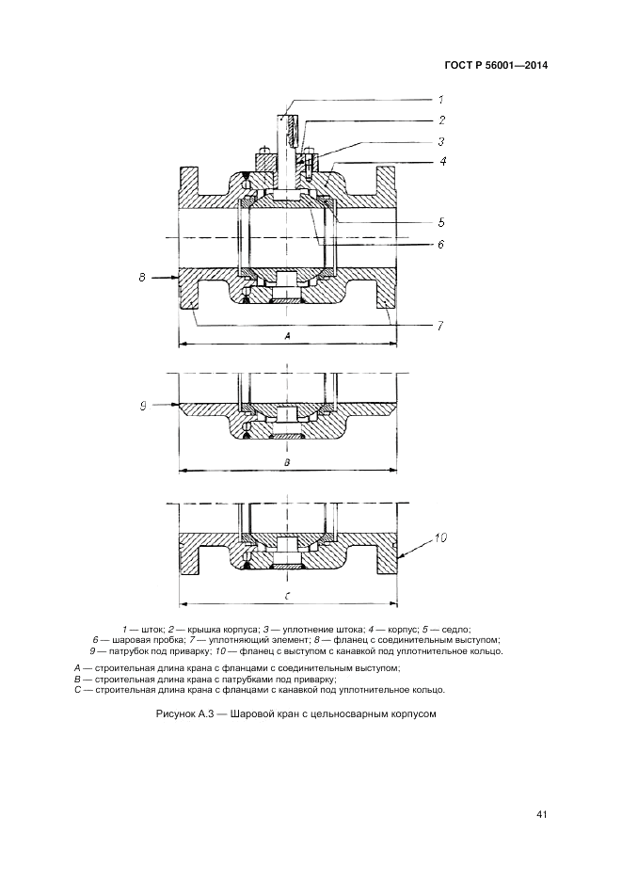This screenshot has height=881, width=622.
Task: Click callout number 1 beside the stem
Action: pyautogui.click(x=439, y=99)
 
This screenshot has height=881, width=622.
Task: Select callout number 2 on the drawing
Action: pyautogui.click(x=440, y=120)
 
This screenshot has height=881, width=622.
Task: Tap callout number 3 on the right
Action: pyautogui.click(x=440, y=141)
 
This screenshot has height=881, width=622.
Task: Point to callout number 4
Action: pyautogui.click(x=441, y=162)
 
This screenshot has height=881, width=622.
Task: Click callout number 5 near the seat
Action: pyautogui.click(x=440, y=223)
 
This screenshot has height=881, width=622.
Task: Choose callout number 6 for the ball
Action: pyautogui.click(x=440, y=244)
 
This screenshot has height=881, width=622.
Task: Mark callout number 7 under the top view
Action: pyautogui.click(x=439, y=326)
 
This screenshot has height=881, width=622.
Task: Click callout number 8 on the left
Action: pyautogui.click(x=141, y=278)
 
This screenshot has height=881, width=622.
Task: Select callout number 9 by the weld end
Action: pyautogui.click(x=142, y=405)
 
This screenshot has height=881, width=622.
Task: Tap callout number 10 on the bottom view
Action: pyautogui.click(x=440, y=538)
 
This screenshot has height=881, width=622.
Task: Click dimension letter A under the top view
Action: pyautogui.click(x=287, y=336)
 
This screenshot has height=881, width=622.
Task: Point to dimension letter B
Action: pyautogui.click(x=287, y=463)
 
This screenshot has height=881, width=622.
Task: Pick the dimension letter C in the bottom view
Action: pyautogui.click(x=287, y=596)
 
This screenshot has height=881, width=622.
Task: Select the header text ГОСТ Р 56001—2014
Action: pyautogui.click(x=495, y=66)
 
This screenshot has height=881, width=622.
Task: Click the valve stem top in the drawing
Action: pyautogui.click(x=287, y=117)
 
